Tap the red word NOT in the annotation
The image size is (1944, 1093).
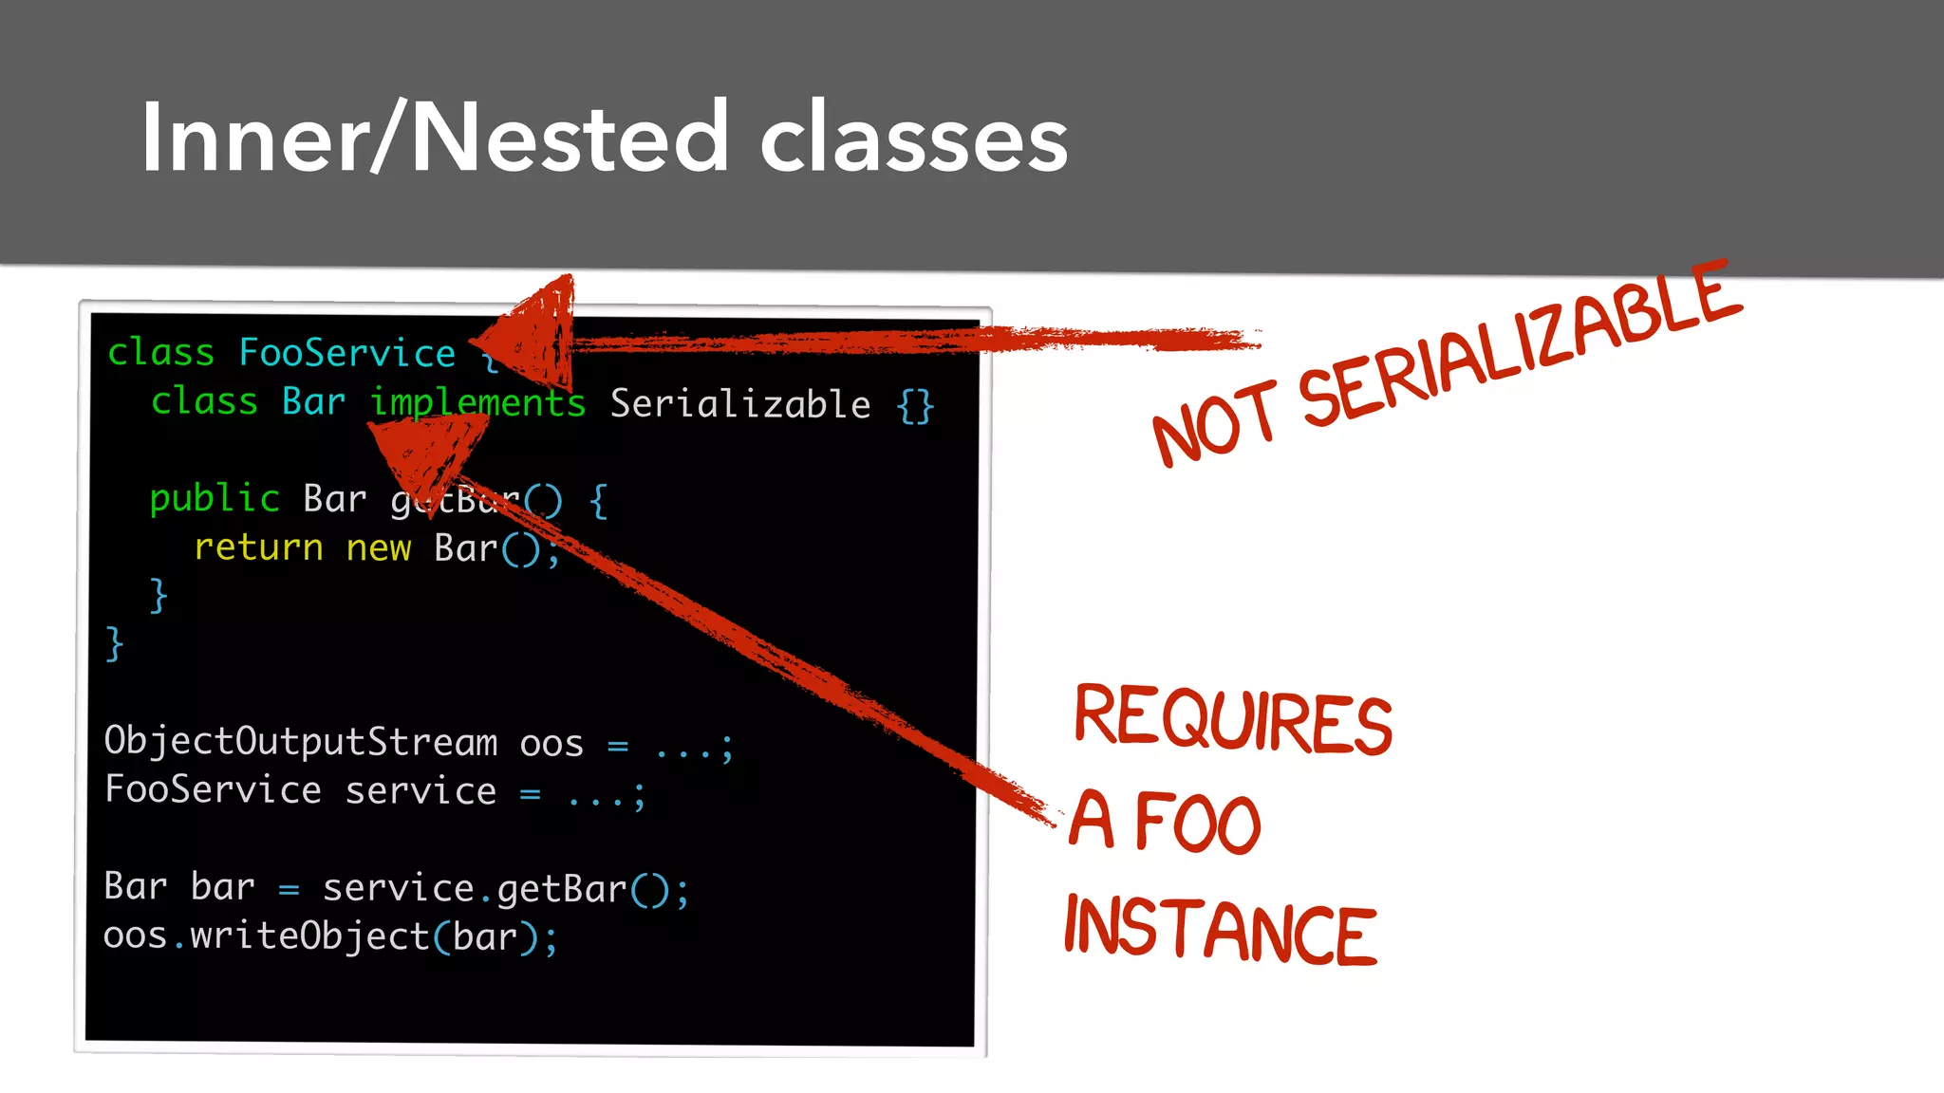click(x=1214, y=423)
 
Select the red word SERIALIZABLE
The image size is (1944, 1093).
click(x=1519, y=346)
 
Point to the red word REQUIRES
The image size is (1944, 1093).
click(x=1232, y=720)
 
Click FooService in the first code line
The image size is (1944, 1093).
click(x=346, y=353)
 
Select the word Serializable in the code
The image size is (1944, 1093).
click(x=739, y=404)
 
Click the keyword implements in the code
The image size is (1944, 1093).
click(x=477, y=402)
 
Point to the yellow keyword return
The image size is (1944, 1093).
click(x=258, y=547)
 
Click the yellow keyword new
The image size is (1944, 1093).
click(x=378, y=547)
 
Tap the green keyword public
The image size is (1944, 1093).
click(x=215, y=498)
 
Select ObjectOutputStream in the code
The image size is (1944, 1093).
click(x=300, y=741)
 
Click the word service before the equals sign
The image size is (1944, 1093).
click(x=420, y=790)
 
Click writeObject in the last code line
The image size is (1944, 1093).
click(x=309, y=936)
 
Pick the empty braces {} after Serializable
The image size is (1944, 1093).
click(x=915, y=406)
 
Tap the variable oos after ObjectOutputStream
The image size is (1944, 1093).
click(x=551, y=743)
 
